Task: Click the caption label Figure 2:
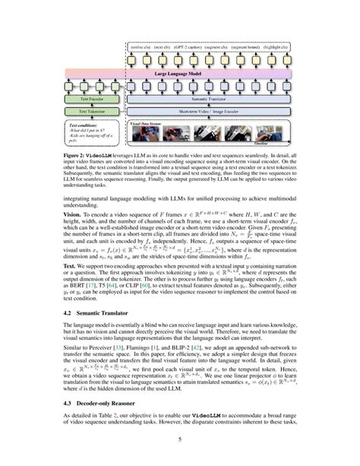(x=77, y=154)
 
